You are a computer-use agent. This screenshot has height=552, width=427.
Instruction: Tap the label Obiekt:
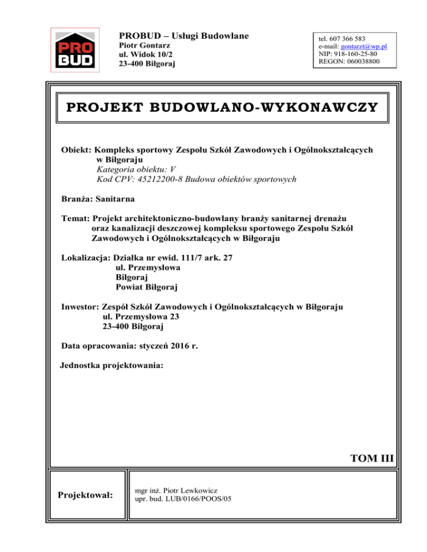77,150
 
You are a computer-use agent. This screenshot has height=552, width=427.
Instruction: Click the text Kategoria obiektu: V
136,169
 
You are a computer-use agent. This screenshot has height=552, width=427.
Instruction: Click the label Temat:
76,219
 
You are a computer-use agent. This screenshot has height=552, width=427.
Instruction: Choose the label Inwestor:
80,307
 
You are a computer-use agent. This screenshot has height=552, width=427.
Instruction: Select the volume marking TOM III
371,458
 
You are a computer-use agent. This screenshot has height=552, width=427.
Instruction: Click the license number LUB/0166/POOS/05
197,499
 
